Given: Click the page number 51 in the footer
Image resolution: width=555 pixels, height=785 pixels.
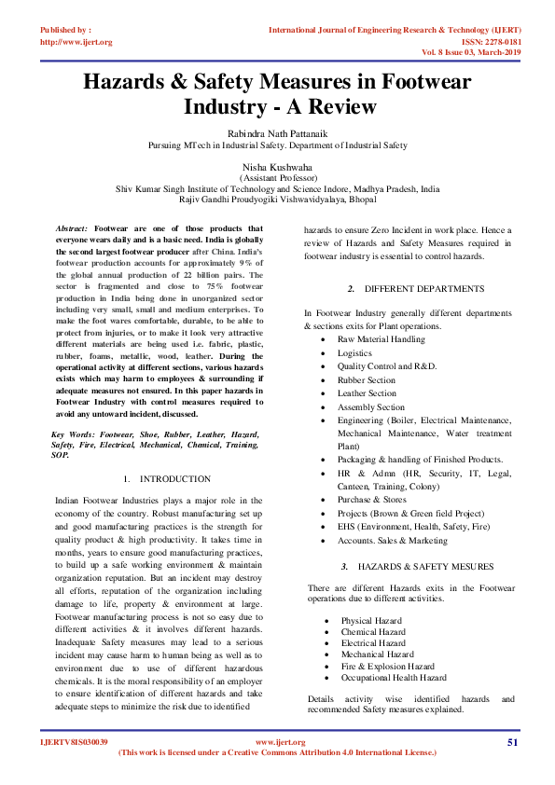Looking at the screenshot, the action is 512,742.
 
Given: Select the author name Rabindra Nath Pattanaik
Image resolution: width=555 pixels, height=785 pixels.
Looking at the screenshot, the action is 277,131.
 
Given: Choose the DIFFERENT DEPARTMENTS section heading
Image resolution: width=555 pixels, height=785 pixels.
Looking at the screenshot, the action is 410,290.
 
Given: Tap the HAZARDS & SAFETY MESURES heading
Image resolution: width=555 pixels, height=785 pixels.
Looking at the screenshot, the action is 418,567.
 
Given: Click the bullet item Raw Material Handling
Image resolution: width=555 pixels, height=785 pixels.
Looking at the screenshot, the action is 381,340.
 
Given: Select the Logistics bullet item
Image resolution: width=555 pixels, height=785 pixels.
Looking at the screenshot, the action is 354,353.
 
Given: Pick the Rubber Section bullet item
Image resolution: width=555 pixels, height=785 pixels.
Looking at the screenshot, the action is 366,380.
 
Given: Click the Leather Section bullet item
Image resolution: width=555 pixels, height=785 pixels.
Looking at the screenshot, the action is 367,393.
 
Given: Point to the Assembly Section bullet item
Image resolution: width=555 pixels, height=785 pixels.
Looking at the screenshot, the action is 370,407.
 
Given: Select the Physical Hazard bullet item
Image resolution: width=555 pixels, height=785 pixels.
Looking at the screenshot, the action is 371,621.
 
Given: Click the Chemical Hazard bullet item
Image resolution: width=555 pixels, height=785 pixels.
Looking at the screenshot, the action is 373,632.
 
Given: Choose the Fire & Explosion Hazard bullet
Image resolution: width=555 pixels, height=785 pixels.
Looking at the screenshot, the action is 387,667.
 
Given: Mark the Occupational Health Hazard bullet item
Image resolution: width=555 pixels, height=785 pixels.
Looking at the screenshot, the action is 393,678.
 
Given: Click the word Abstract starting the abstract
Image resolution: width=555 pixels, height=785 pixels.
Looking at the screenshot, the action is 72,228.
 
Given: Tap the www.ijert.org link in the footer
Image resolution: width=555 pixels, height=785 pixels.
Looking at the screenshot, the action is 276,742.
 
